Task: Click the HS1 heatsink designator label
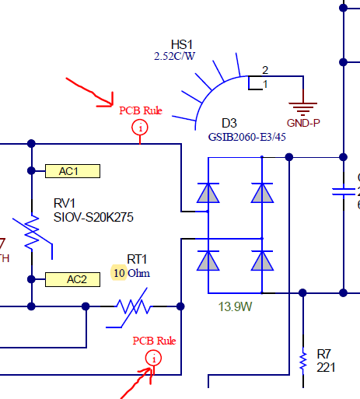click(181, 44)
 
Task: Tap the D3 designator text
click(229, 124)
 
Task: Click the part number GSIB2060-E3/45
click(246, 137)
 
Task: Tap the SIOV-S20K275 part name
click(93, 217)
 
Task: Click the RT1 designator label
click(137, 259)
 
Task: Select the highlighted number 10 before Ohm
click(119, 273)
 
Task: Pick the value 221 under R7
click(327, 367)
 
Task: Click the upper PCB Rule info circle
click(140, 128)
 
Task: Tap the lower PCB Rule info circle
click(154, 358)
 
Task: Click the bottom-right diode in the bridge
click(262, 261)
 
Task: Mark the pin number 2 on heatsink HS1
click(264, 70)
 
